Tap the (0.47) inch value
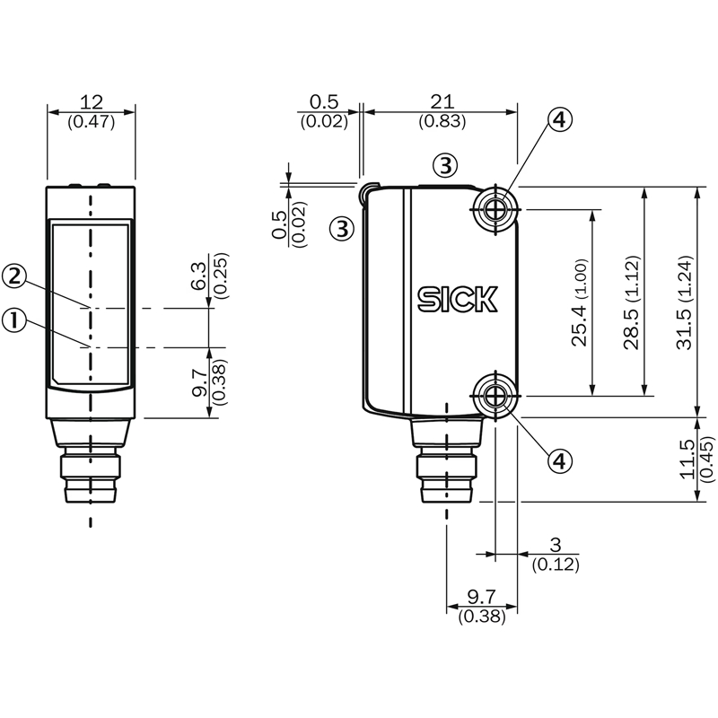pos(91,122)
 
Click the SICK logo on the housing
pos(456,299)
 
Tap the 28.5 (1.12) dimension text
pos(632,302)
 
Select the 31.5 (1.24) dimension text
pos(686,302)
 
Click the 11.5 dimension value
pos(687,459)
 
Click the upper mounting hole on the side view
pos(494,210)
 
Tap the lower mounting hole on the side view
pos(494,394)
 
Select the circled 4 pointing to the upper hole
pos(559,120)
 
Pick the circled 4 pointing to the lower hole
pos(559,460)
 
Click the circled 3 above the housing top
pos(445,165)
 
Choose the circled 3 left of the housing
pos(342,228)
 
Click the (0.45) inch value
pos(706,459)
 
